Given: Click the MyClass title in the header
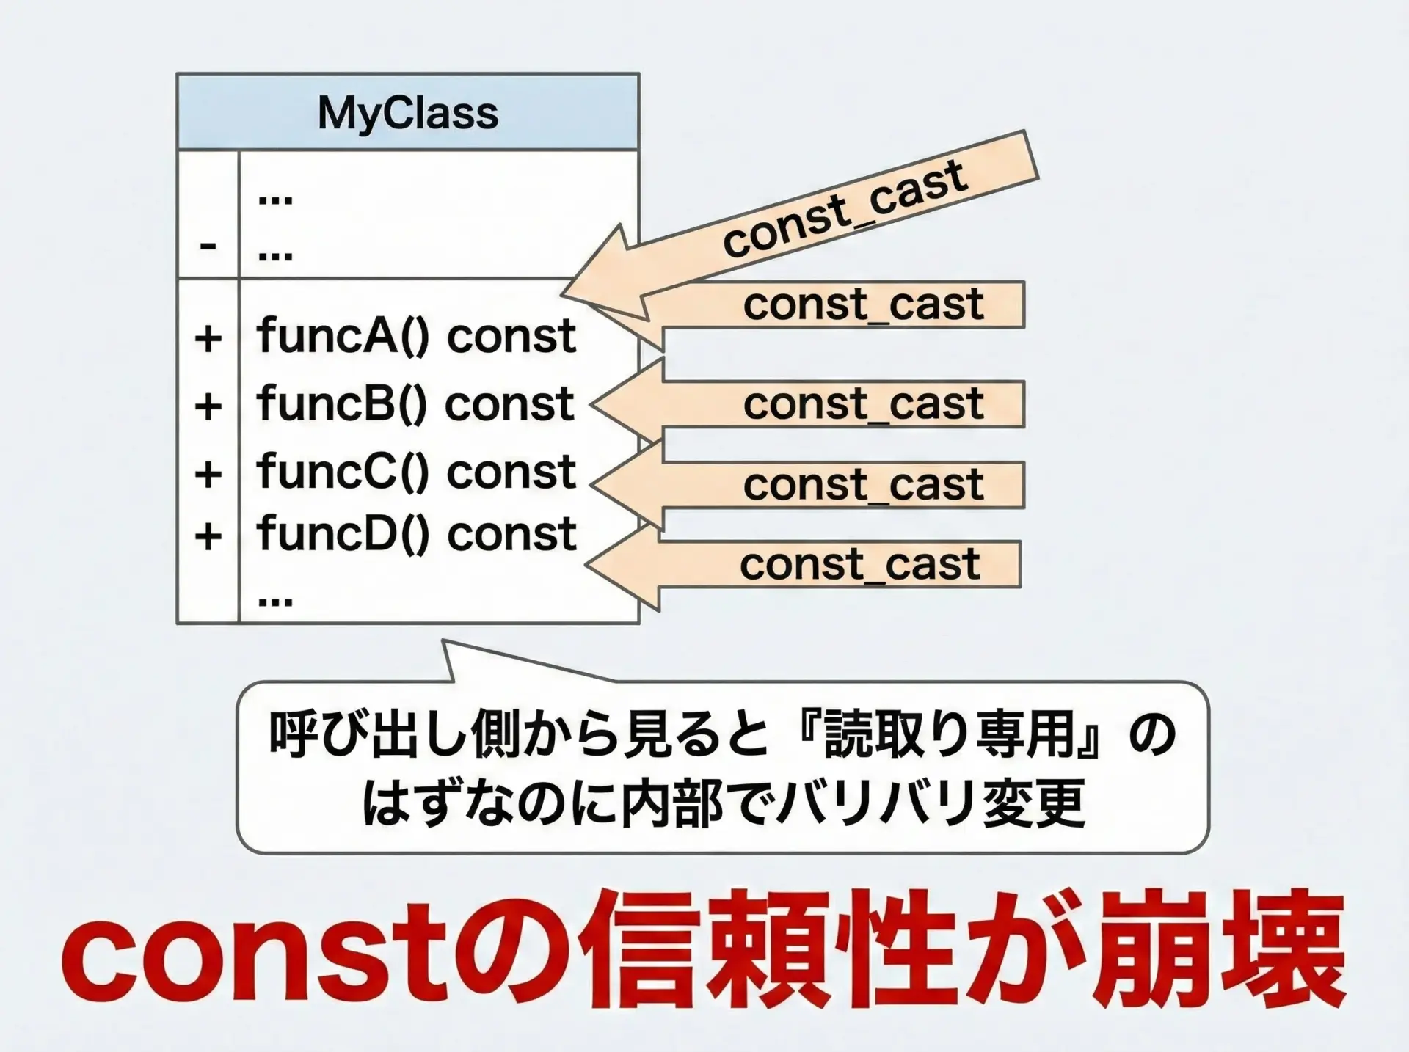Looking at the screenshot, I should pyautogui.click(x=407, y=114).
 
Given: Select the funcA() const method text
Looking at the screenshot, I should pyautogui.click(x=415, y=336).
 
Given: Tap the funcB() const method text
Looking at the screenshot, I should pyautogui.click(x=415, y=403).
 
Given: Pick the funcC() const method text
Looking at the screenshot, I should pyautogui.click(x=415, y=471).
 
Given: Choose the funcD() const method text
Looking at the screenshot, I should pyautogui.click(x=415, y=533).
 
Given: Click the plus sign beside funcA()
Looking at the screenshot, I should pyautogui.click(x=208, y=339).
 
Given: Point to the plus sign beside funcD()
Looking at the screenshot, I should pyautogui.click(x=208, y=536).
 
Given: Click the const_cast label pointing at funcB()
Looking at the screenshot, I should pyautogui.click(x=863, y=403).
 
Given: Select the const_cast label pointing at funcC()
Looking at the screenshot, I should pyautogui.click(x=863, y=484).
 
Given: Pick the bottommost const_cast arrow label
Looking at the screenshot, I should pyautogui.click(x=859, y=564).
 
